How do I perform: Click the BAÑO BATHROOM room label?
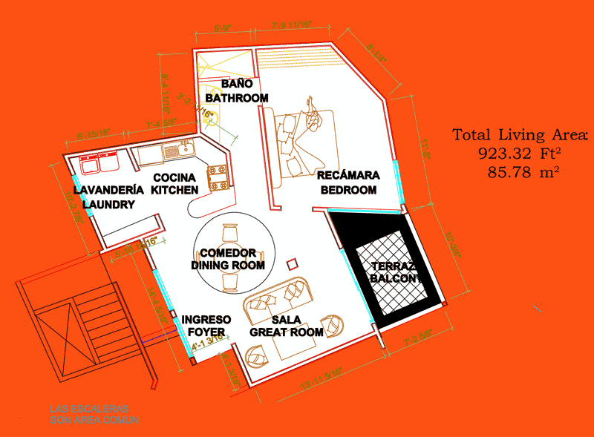pyautogui.click(x=237, y=91)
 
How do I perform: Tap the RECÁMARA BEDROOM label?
pyautogui.click(x=348, y=183)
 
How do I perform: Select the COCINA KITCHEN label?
pyautogui.click(x=174, y=183)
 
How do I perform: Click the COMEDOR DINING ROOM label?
pyautogui.click(x=228, y=259)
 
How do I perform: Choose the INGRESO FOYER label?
pyautogui.click(x=206, y=325)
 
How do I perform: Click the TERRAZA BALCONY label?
pyautogui.click(x=394, y=272)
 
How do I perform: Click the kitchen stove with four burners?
pyautogui.click(x=218, y=179)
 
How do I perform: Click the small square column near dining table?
pyautogui.click(x=292, y=263)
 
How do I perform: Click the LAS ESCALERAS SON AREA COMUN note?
pyautogui.click(x=94, y=414)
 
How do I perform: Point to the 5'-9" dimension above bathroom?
pyautogui.click(x=223, y=29)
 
